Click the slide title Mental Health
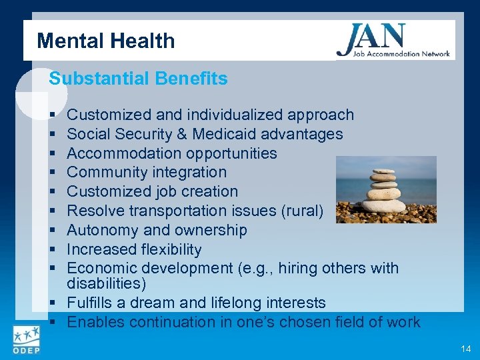coord(106,41)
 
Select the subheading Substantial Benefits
coord(138,79)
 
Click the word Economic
coord(102,268)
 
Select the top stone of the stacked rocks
coord(383,171)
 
